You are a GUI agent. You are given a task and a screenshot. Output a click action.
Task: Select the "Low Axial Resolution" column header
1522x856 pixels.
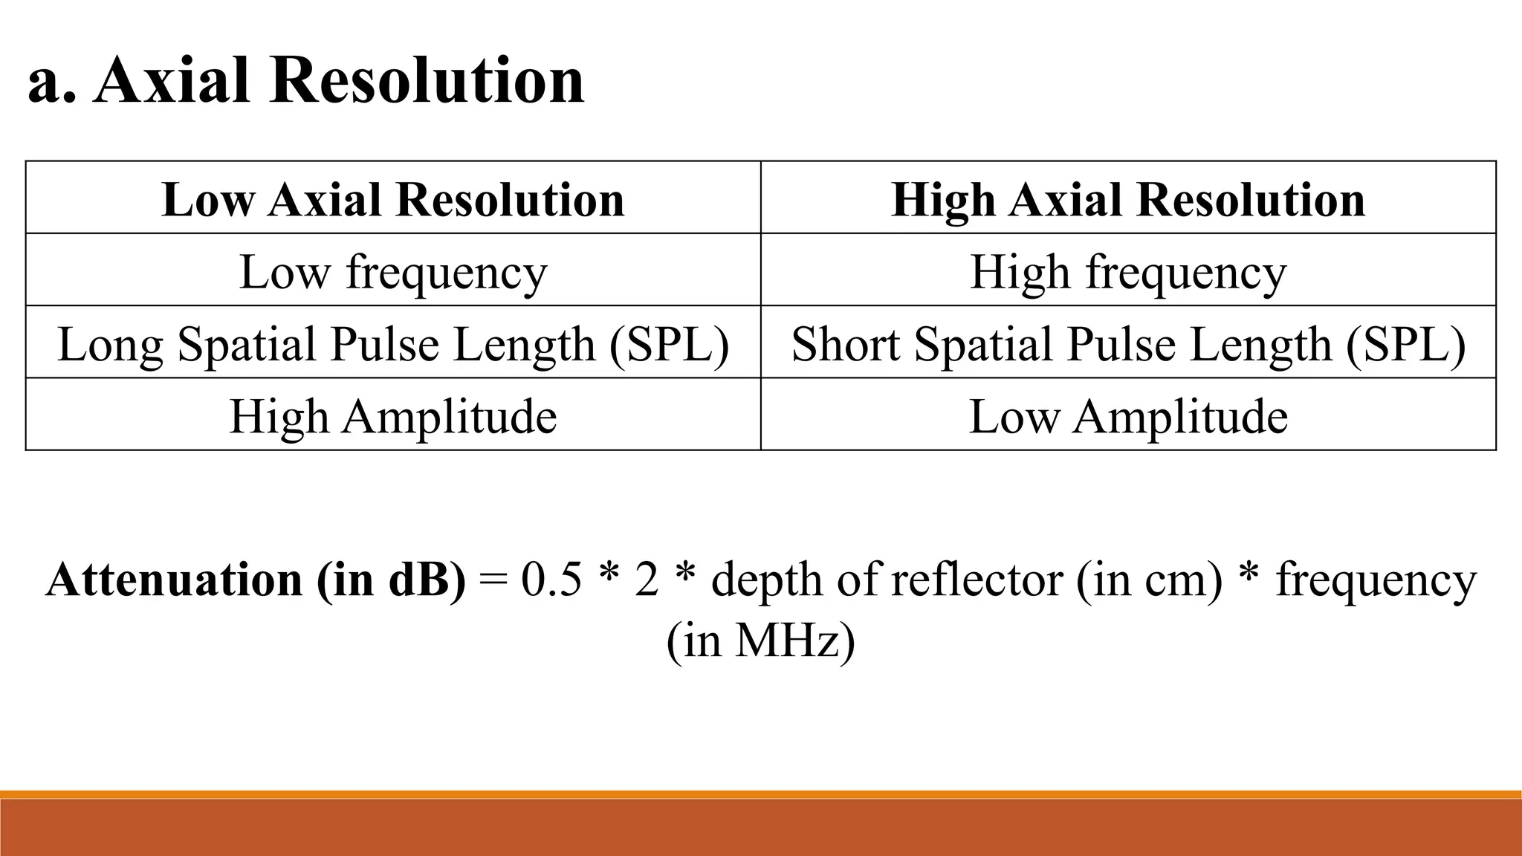pyautogui.click(x=393, y=199)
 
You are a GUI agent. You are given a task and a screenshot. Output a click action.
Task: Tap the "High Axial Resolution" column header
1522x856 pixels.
pyautogui.click(x=1128, y=199)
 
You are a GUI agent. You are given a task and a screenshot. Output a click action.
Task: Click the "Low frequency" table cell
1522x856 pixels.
pyautogui.click(x=393, y=271)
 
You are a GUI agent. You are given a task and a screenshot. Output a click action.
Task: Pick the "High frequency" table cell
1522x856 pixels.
pyautogui.click(x=1128, y=271)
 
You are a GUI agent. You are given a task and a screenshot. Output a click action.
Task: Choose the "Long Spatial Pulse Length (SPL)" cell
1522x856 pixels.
pyautogui.click(x=393, y=343)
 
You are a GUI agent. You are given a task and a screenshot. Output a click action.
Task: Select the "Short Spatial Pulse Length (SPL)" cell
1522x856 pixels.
pyautogui.click(x=1128, y=343)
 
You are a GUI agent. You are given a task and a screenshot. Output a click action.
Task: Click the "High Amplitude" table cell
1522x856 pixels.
pyautogui.click(x=393, y=415)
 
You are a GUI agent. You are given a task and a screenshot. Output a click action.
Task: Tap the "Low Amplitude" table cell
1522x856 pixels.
pyautogui.click(x=1128, y=415)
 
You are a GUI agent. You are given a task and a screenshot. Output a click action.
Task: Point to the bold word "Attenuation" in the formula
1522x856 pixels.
pyautogui.click(x=174, y=580)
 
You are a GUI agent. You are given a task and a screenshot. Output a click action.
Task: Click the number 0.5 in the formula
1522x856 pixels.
pyautogui.click(x=551, y=580)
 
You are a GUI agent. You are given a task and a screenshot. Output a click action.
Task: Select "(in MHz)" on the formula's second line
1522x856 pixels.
pyautogui.click(x=760, y=640)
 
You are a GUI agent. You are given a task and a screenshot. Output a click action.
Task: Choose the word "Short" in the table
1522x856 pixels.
pyautogui.click(x=846, y=343)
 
